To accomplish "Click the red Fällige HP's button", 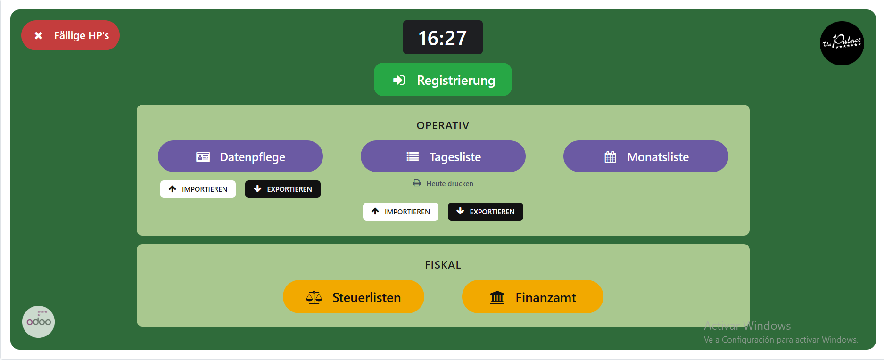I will pos(70,35).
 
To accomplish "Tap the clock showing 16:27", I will pos(442,38).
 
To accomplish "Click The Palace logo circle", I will pos(842,43).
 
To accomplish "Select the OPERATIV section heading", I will pos(443,125).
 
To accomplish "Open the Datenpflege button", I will pos(240,156).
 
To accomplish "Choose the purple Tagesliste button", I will pos(443,156).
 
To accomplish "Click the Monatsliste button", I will pos(646,156).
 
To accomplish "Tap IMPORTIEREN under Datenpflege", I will pos(198,189).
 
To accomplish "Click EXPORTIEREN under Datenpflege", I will pos(283,189).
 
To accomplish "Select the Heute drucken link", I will pos(449,184).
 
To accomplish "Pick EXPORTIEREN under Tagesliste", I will pos(486,212).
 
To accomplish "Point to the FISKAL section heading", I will pos(443,265).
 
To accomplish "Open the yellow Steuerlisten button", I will pos(354,297).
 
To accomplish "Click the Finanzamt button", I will pos(533,297).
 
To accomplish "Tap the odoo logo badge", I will pos(39,322).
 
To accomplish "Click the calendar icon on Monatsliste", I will pos(610,157).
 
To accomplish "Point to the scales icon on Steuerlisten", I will pos(314,297).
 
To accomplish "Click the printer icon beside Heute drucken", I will pos(417,183).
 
